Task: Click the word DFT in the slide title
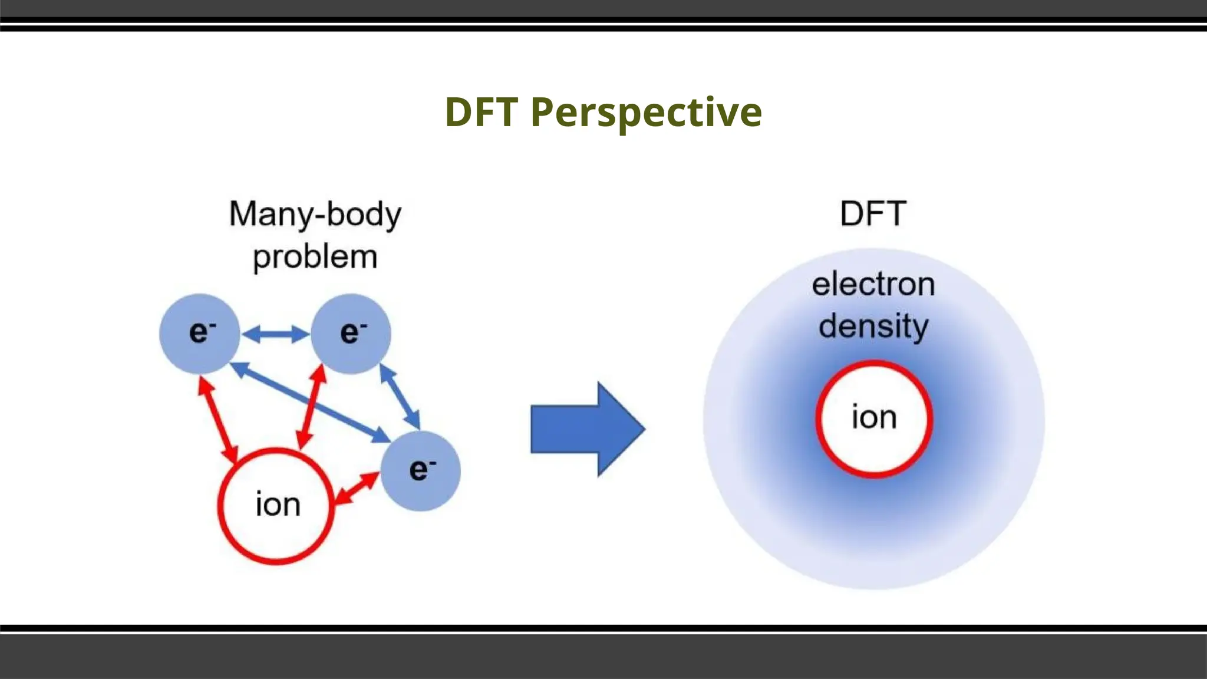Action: [482, 112]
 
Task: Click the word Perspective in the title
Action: [646, 112]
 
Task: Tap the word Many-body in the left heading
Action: [315, 214]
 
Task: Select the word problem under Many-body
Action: [315, 257]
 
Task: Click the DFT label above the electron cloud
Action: [873, 213]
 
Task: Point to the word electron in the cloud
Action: [873, 285]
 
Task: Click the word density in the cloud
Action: [873, 326]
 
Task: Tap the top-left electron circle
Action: [200, 334]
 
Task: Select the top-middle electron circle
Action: [351, 334]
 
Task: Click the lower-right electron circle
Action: [420, 470]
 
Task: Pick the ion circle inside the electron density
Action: [874, 418]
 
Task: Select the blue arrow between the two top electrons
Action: [276, 335]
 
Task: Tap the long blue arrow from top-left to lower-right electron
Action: [310, 403]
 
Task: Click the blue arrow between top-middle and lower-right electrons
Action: [400, 397]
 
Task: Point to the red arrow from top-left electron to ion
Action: [218, 418]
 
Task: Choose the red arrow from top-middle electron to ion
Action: [311, 406]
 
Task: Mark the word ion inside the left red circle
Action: [278, 505]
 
